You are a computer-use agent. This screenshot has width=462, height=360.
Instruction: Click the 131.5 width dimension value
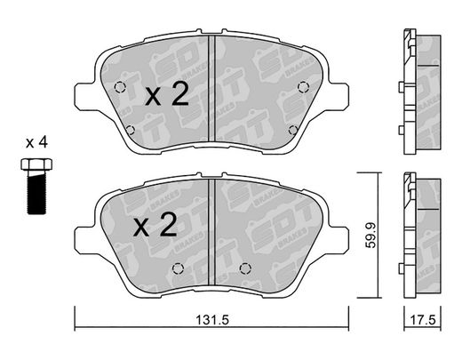[212, 320]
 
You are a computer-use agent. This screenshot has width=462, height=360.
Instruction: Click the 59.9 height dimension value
[370, 236]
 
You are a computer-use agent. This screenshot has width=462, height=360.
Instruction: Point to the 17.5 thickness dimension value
[423, 320]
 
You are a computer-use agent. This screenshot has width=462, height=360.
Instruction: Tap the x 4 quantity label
[36, 143]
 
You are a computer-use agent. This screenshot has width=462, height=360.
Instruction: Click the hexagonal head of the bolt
[36, 164]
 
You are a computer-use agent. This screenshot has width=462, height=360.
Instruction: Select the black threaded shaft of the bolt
[36, 193]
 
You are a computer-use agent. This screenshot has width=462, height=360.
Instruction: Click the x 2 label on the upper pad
[167, 94]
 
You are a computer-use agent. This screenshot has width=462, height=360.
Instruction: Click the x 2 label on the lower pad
[155, 225]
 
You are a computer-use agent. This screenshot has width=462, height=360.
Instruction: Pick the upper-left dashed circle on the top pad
[120, 87]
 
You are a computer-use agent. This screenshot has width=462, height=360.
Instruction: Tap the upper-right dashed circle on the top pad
[304, 87]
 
